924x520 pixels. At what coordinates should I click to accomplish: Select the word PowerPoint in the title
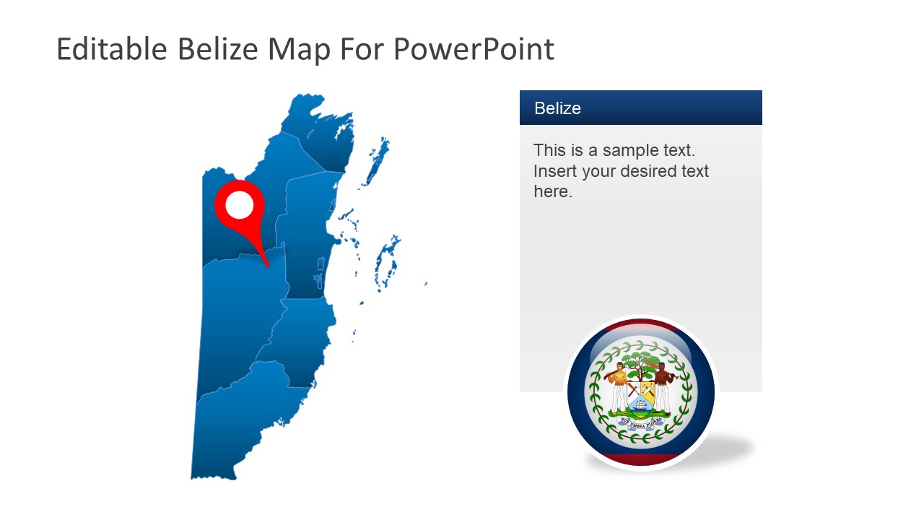(x=474, y=50)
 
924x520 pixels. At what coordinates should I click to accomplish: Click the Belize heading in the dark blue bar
(x=557, y=108)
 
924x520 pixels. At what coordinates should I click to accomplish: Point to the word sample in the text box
(x=627, y=150)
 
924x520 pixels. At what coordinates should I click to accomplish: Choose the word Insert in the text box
(x=554, y=171)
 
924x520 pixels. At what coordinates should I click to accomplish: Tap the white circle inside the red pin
(x=240, y=205)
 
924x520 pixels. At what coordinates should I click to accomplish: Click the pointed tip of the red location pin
(x=268, y=266)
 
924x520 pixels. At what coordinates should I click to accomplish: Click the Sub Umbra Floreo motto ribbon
(x=641, y=424)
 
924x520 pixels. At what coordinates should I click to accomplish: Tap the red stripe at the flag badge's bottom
(x=641, y=459)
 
